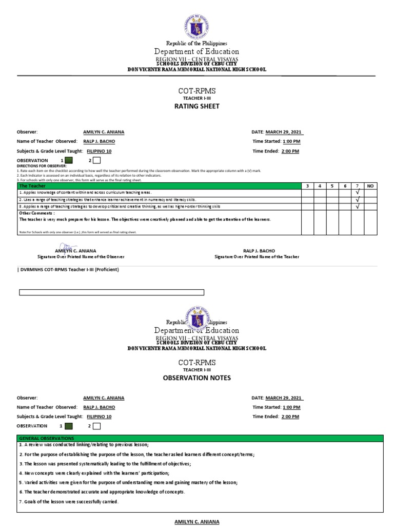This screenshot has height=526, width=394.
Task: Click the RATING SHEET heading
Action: pos(198,106)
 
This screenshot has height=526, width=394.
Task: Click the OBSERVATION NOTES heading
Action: pos(198,378)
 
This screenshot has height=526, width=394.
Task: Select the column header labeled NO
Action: pos(371,185)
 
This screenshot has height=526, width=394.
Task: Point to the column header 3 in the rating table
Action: pos(307,185)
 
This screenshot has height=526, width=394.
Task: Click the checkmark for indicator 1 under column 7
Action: pos(358,192)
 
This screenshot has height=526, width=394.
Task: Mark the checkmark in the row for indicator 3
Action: pos(358,206)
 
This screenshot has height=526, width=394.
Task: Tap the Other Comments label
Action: pos(36,213)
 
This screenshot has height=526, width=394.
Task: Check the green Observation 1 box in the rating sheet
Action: pos(69,161)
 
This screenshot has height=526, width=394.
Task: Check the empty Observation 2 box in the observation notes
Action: pos(96,426)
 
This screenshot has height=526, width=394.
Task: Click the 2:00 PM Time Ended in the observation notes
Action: pos(290,417)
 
